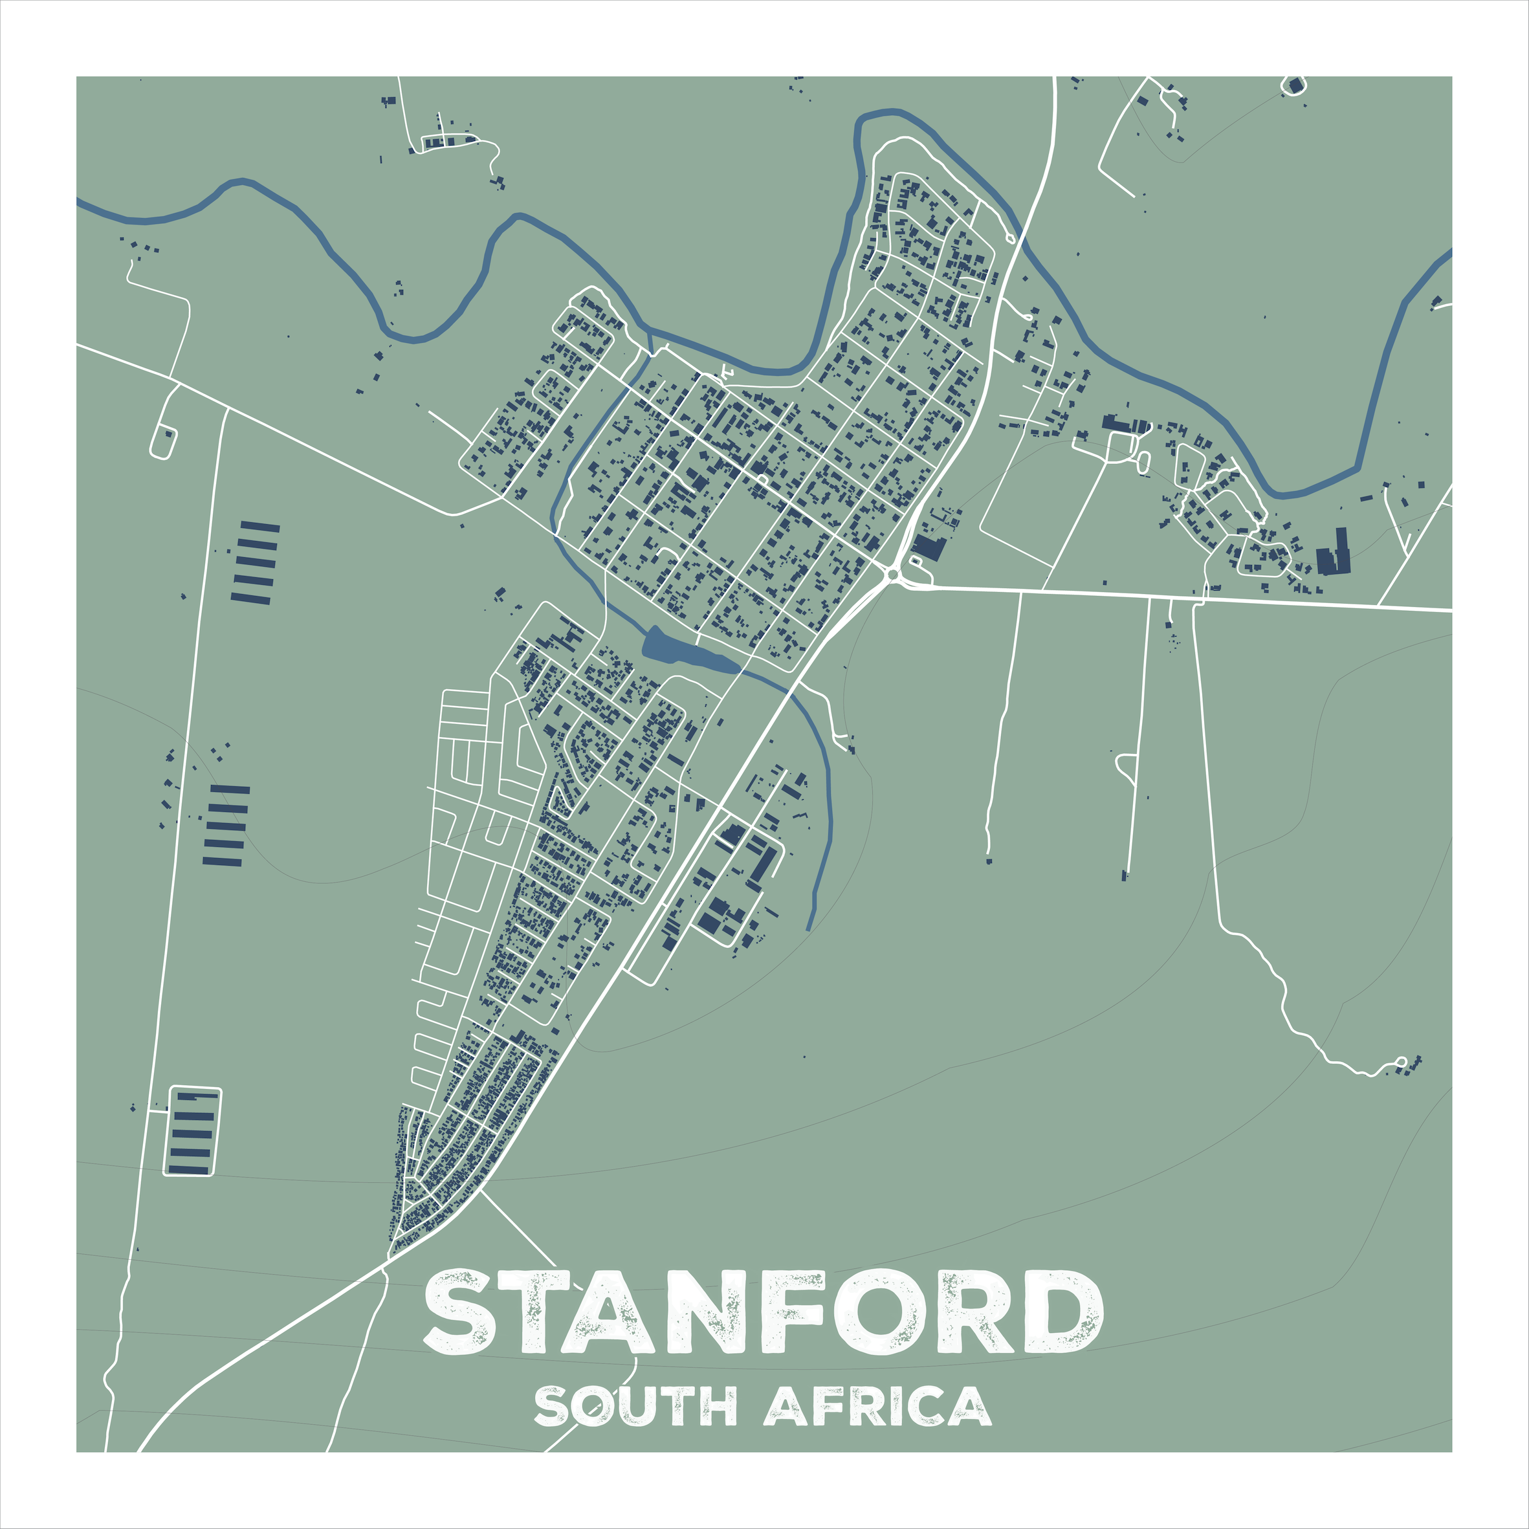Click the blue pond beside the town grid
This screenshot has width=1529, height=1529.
681,650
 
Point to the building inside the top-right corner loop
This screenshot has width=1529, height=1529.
1295,85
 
